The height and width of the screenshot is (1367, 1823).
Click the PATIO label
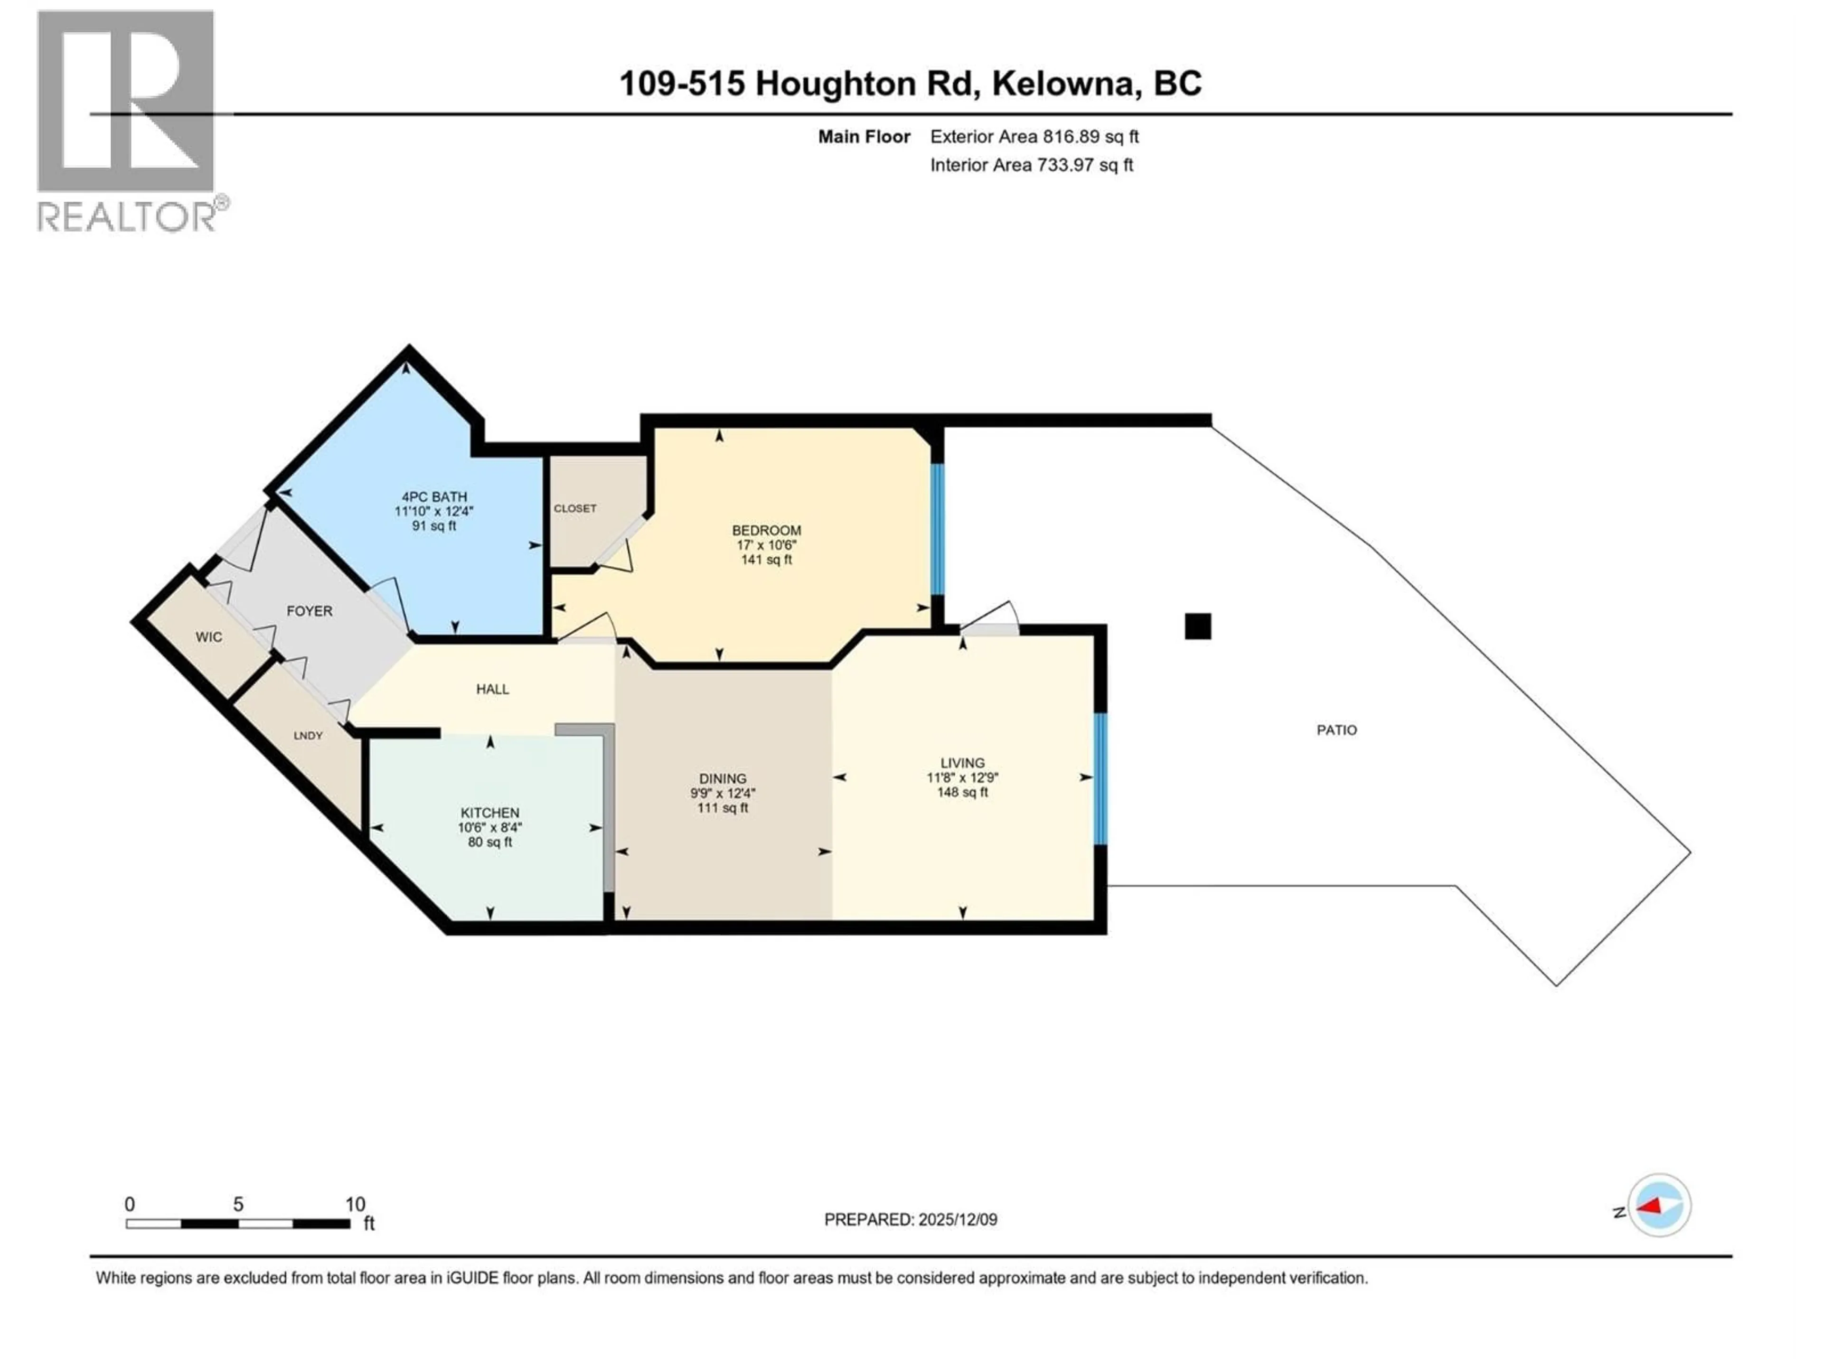[1336, 730]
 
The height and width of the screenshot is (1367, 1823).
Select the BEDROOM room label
[766, 531]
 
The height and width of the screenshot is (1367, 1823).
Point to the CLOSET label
[574, 508]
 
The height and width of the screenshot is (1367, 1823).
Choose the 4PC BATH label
[434, 497]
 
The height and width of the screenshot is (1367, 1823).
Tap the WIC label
[208, 637]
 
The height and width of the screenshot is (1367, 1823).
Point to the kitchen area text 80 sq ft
[490, 842]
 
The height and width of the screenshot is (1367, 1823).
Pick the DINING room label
[723, 779]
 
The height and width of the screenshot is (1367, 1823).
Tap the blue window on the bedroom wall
[937, 529]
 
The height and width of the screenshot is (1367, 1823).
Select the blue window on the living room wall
[1100, 779]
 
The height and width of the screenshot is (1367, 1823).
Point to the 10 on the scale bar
[355, 1205]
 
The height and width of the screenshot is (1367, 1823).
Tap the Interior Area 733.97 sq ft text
[1032, 165]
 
